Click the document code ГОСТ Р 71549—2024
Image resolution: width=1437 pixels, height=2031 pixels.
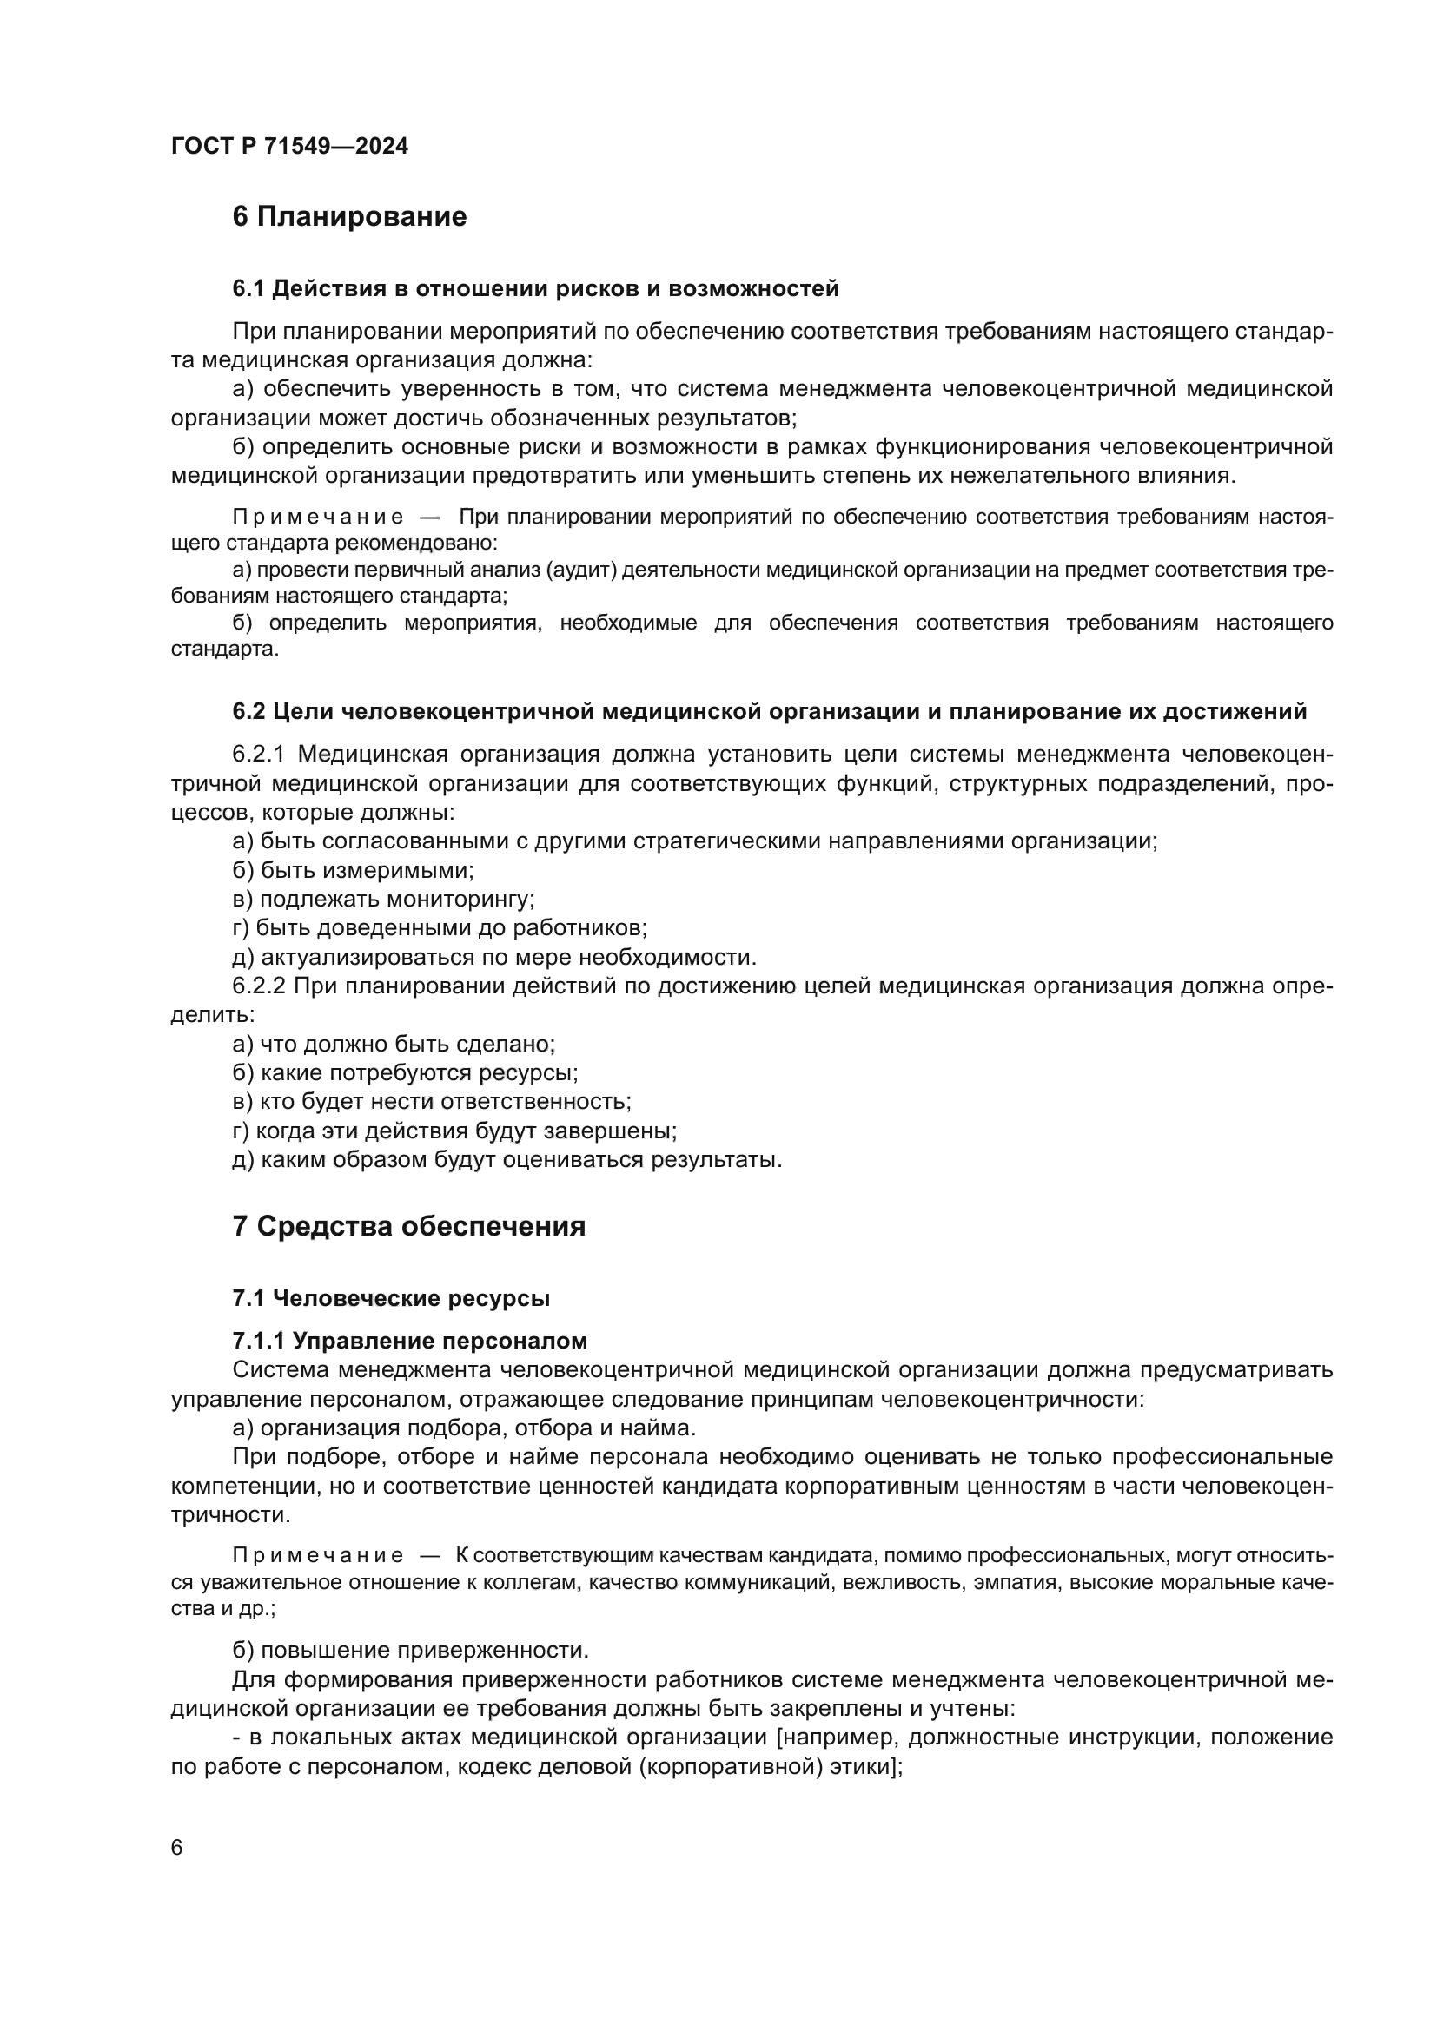point(289,147)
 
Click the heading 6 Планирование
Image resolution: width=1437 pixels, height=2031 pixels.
point(349,217)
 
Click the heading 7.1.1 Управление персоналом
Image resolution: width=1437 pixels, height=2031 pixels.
point(410,1341)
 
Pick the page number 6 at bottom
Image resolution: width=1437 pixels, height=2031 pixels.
point(177,1848)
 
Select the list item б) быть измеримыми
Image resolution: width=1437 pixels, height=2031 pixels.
point(353,870)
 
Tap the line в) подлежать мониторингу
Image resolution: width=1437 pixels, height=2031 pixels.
point(383,900)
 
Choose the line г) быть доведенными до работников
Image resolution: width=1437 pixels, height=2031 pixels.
point(440,928)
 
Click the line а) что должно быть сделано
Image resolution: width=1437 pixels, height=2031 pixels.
point(394,1044)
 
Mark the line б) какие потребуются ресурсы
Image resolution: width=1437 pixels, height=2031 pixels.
point(405,1073)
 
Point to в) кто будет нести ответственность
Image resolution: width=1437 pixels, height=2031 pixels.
point(432,1102)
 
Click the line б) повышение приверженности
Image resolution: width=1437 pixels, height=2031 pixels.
point(411,1651)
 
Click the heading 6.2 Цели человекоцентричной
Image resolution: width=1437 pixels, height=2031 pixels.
point(769,711)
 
